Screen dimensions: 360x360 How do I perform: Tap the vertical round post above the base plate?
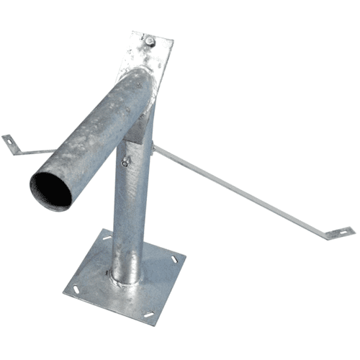point(130,216)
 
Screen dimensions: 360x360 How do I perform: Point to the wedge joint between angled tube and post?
point(144,115)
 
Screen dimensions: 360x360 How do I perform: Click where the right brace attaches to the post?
point(156,147)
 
